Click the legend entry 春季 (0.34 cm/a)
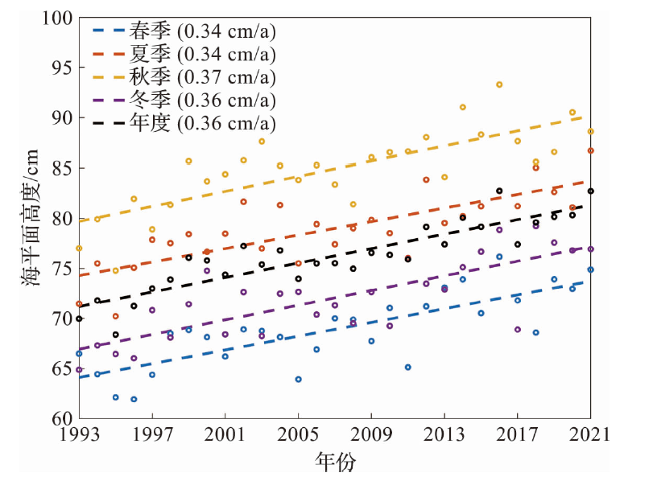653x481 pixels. point(185,31)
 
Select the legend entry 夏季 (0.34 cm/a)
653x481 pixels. point(185,54)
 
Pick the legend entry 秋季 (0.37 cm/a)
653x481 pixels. point(185,77)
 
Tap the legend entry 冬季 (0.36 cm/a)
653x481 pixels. point(185,101)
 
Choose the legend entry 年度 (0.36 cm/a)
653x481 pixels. point(185,123)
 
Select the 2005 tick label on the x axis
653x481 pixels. point(298,435)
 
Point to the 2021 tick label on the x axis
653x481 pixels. point(590,435)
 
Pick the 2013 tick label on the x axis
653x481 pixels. point(444,435)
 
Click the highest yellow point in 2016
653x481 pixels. point(499,84)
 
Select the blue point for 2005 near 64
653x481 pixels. point(298,379)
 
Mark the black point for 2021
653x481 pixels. point(590,191)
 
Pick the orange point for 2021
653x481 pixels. point(590,150)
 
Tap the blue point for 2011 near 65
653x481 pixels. point(408,367)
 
